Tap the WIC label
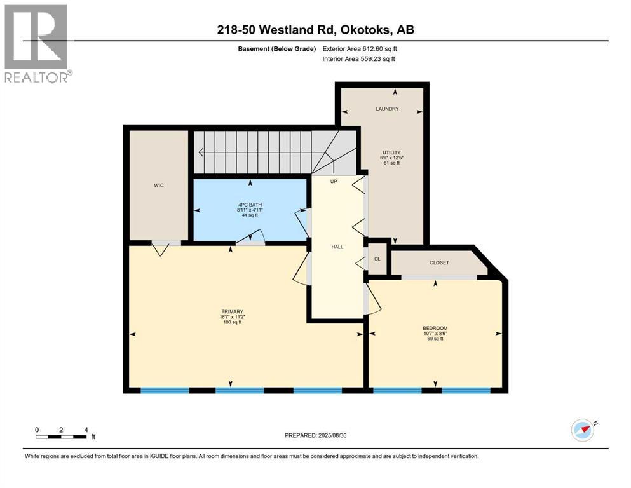(159, 186)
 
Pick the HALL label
(337, 247)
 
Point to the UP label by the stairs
(333, 181)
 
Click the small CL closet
(377, 259)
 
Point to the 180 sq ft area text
(231, 323)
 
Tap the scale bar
(62, 436)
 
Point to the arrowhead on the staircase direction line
(201, 152)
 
